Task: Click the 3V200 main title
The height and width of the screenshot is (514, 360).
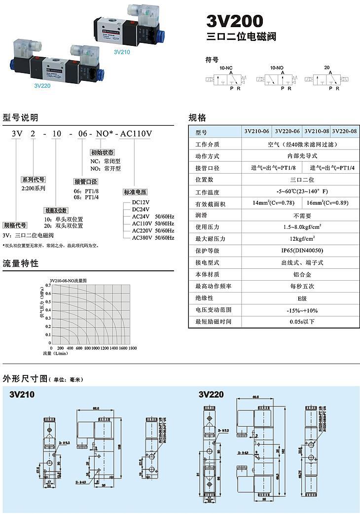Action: pos(235,21)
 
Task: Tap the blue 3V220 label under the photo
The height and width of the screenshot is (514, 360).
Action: pos(42,85)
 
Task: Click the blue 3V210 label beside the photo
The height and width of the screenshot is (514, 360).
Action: pos(121,51)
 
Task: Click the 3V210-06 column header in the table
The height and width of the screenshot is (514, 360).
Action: pos(257,132)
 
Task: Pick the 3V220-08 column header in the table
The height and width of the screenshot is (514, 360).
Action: pos(344,132)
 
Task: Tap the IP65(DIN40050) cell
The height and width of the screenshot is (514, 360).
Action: pos(301,251)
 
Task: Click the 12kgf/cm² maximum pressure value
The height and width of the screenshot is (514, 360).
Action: pos(301,239)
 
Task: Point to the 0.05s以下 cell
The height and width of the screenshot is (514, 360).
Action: pos(301,322)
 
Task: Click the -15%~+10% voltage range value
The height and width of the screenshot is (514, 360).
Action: pos(301,310)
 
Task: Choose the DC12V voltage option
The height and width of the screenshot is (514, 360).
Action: pos(141,202)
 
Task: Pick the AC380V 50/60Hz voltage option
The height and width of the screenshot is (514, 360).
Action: pos(153,238)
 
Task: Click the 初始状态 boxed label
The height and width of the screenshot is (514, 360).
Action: pos(102,152)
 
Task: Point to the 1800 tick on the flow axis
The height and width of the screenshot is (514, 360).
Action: pos(132,348)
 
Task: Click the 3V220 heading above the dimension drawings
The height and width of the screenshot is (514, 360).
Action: pos(211,395)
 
